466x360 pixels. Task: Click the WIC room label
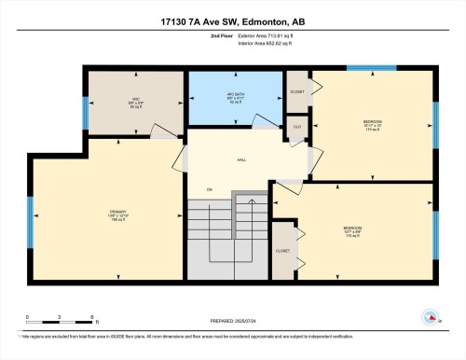click(134, 104)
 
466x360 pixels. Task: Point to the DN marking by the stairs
click(210, 190)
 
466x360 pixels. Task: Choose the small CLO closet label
click(296, 126)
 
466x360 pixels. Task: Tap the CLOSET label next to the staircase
click(282, 250)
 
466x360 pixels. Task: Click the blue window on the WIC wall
click(86, 114)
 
